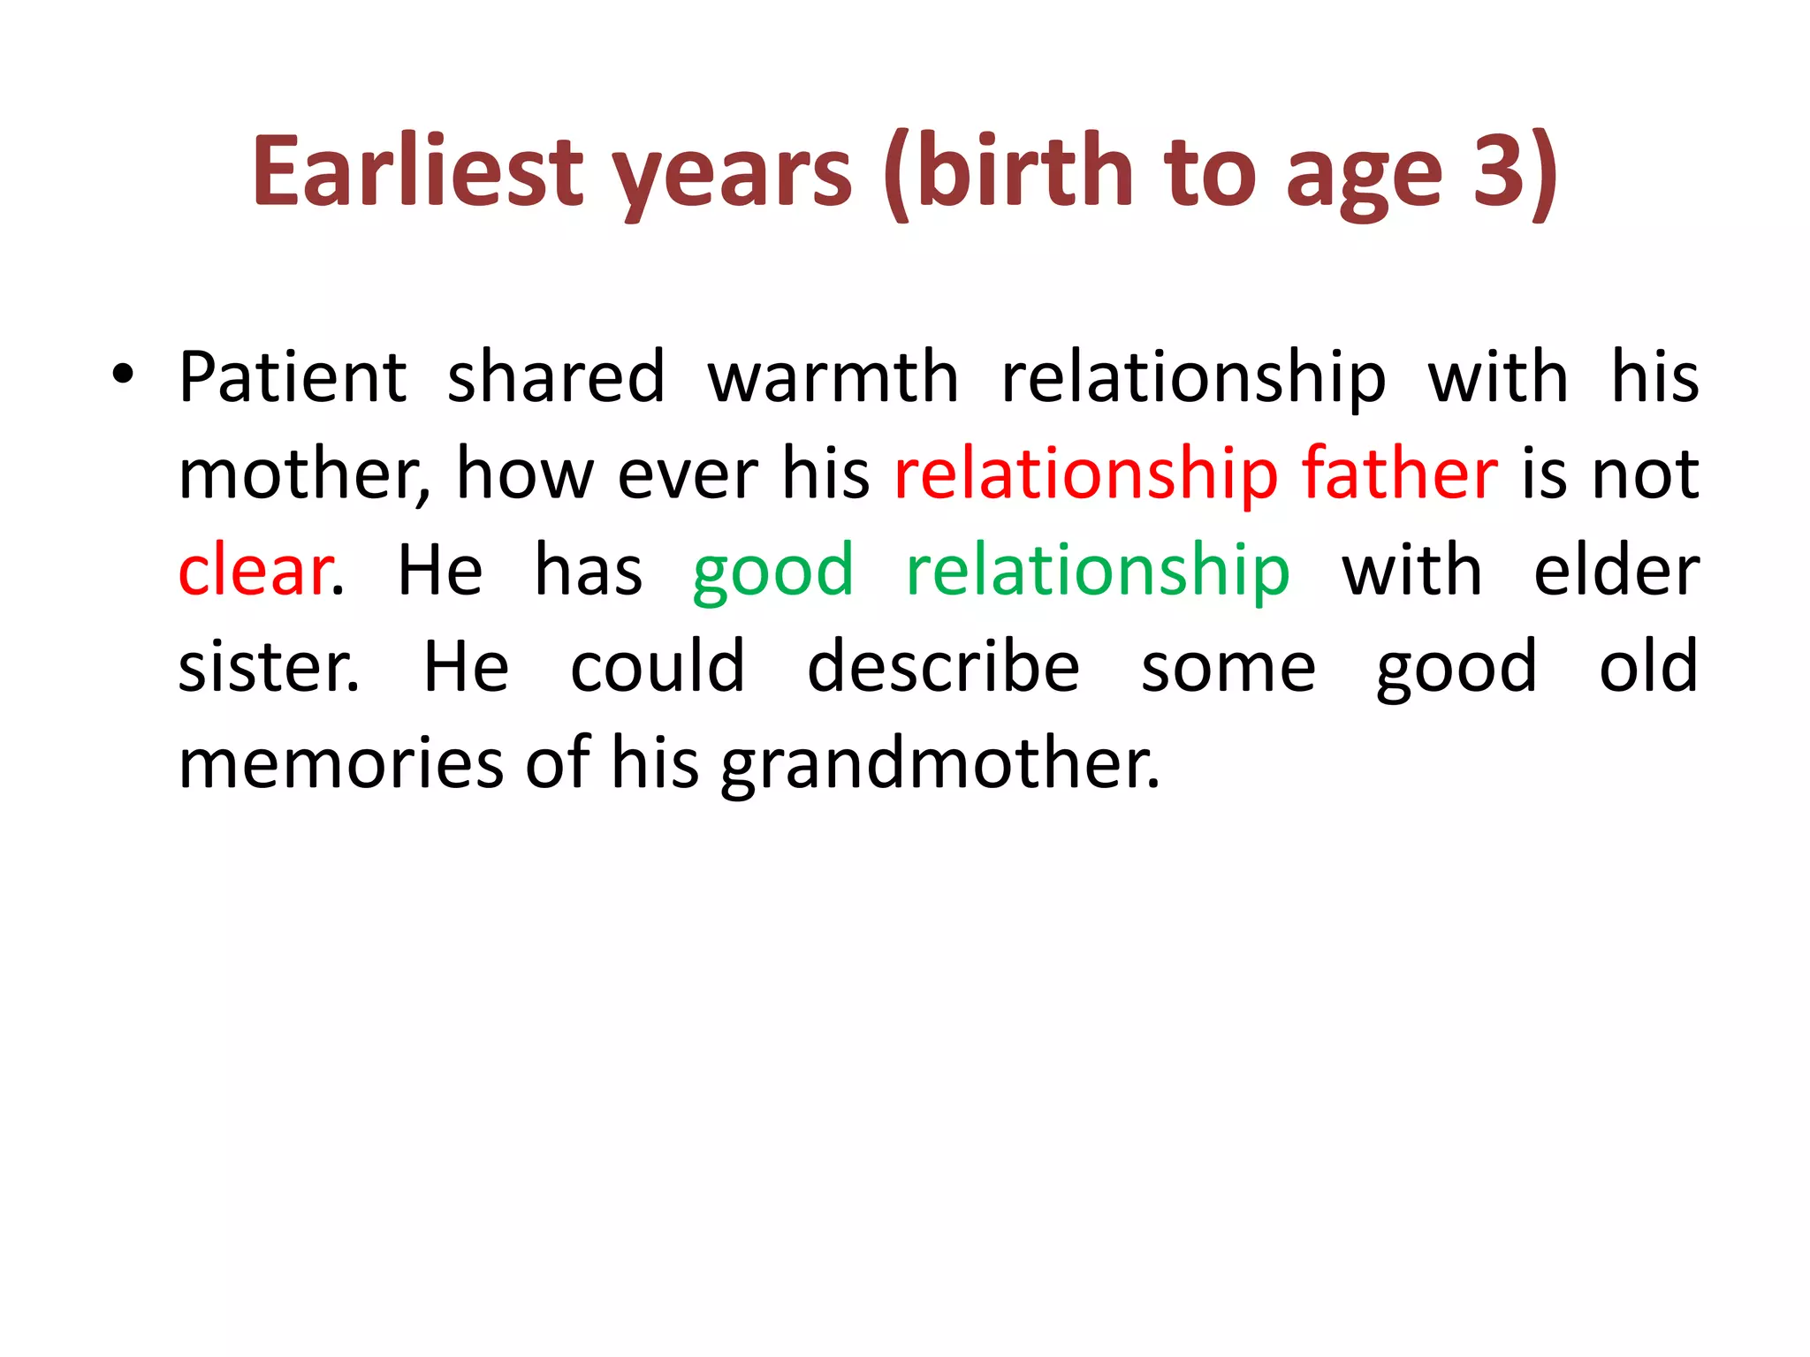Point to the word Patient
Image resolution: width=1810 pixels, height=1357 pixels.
coord(293,378)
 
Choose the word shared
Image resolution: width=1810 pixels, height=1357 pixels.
coord(556,378)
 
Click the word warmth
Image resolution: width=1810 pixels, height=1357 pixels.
coord(833,378)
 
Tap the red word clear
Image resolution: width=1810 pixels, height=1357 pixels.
coord(255,572)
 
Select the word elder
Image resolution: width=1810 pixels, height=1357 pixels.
coord(1616,572)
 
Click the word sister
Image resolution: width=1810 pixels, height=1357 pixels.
coord(268,668)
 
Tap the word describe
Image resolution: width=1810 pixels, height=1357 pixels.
coord(943,668)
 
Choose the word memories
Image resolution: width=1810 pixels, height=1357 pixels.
coord(341,764)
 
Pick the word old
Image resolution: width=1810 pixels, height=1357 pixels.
coord(1648,668)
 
